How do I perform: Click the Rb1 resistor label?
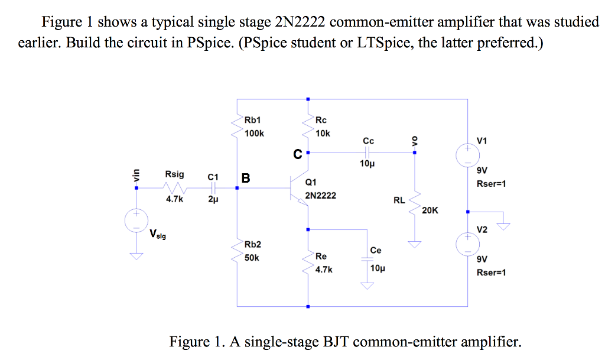point(253,121)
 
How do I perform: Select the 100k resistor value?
point(254,134)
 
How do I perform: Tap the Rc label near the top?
point(321,121)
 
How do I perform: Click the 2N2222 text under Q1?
point(320,195)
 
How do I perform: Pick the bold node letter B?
point(246,177)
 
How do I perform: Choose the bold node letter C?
point(298,155)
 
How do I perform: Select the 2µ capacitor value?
point(213,200)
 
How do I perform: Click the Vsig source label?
point(158,235)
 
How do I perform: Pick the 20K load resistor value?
point(430,210)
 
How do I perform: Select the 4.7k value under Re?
point(323,269)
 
